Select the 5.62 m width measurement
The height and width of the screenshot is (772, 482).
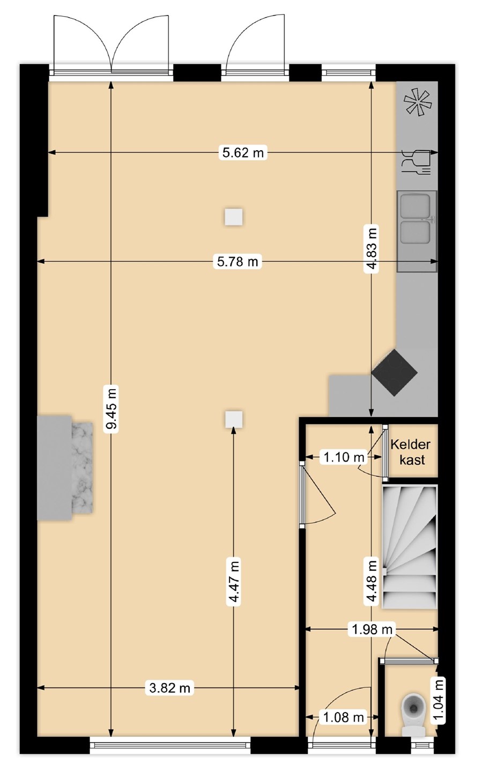click(x=243, y=152)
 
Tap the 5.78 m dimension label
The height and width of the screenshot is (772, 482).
click(x=238, y=262)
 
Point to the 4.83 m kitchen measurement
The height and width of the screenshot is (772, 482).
click(x=372, y=249)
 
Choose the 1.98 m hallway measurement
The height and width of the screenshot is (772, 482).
click(x=372, y=629)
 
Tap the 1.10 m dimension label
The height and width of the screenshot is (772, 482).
click(x=344, y=457)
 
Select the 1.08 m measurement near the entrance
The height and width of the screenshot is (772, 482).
click(x=343, y=717)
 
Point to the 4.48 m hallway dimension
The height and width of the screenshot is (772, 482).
click(x=372, y=581)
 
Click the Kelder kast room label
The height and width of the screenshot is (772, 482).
click(x=411, y=452)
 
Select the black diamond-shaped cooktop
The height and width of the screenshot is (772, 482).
click(x=395, y=373)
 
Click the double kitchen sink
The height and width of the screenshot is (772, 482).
click(x=417, y=231)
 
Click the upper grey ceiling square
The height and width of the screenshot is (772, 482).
click(x=233, y=217)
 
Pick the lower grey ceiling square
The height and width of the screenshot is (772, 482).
click(x=233, y=419)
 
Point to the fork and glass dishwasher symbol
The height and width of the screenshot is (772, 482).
click(x=416, y=162)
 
